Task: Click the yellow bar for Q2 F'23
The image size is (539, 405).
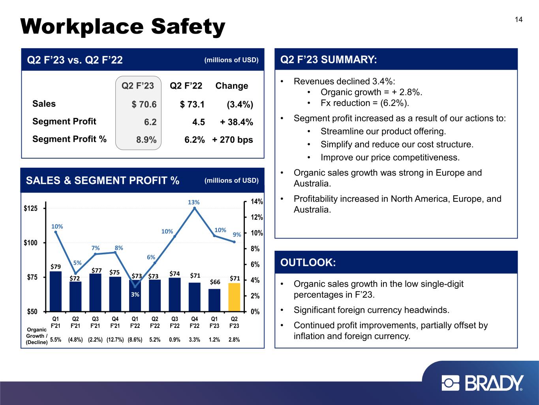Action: point(234,297)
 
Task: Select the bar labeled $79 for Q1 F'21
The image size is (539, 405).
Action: point(56,291)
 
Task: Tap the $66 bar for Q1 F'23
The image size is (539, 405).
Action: point(214,300)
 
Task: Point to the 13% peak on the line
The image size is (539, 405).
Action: point(194,208)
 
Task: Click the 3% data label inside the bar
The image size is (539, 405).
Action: point(135,294)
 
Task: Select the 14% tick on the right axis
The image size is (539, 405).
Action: point(257,202)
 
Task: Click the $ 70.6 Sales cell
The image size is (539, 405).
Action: point(144,104)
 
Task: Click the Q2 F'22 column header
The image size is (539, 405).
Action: point(186,86)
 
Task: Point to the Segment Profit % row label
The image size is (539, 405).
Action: point(69,139)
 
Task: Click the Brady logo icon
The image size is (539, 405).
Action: point(451,383)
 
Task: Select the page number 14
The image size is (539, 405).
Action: point(518,20)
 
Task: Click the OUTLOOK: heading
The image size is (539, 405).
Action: point(308,263)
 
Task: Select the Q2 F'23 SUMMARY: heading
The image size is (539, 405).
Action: point(329,60)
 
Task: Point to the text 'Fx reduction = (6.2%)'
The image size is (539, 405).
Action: point(365,103)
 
